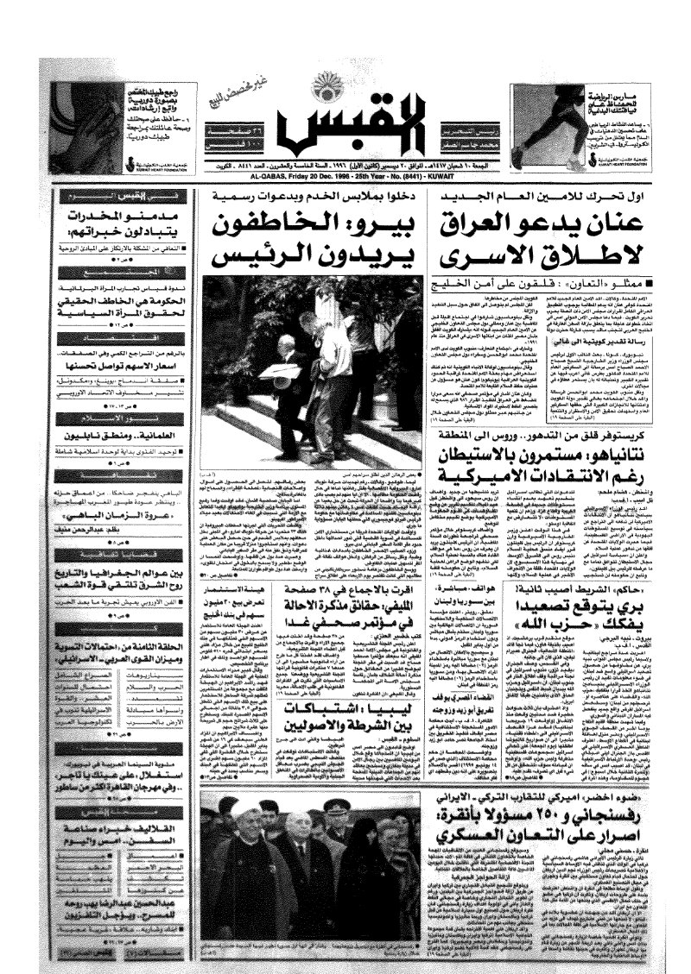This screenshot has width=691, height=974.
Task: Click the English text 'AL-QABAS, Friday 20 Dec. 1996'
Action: pos(285,172)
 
